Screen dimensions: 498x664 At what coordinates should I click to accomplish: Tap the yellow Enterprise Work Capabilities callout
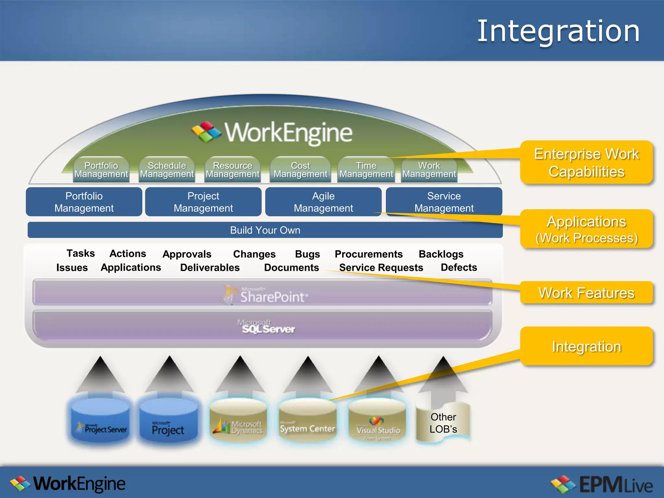pos(586,162)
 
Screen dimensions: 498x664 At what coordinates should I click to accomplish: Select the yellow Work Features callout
pos(586,293)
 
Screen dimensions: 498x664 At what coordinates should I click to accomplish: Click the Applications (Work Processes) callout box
pos(586,229)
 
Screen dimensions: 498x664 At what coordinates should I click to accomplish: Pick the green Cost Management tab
pos(300,170)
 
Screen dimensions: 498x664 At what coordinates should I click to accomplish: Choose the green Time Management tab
pos(366,170)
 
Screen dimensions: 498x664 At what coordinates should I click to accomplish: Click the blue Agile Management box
pos(323,202)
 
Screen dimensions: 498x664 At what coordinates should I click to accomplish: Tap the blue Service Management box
pos(444,202)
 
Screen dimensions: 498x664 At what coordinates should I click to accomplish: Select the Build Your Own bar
pos(265,230)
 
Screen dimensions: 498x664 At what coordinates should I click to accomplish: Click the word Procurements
pos(369,254)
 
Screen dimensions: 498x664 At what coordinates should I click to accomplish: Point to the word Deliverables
pos(210,267)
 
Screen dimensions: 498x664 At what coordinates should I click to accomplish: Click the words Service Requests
pos(381,267)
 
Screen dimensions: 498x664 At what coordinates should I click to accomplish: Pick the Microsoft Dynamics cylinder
pos(238,421)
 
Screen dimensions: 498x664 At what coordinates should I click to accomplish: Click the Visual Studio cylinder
pos(378,421)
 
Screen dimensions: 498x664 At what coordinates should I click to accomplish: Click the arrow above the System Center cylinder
pos(308,376)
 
